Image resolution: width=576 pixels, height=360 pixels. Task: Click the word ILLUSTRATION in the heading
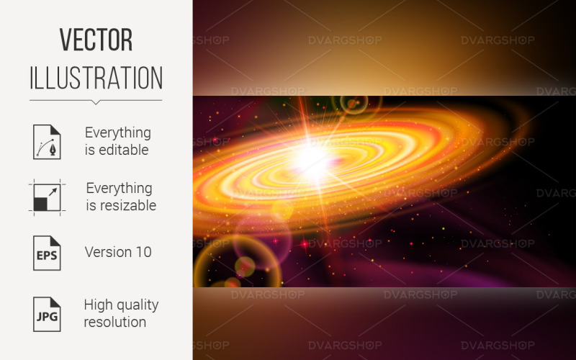96,78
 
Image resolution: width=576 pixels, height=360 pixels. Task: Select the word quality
137,305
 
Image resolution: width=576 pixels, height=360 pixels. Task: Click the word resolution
115,322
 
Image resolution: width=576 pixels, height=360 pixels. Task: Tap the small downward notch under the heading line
96,102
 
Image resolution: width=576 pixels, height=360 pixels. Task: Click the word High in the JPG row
98,305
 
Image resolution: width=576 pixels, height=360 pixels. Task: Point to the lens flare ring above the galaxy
352,104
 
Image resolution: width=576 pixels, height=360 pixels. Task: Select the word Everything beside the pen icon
118,132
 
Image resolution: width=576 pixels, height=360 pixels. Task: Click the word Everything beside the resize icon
119,188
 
